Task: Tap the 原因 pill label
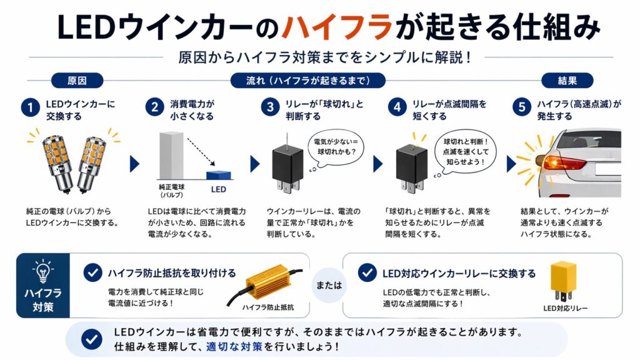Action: pos(77,81)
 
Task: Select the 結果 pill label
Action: pos(567,81)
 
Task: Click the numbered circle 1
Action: pos(30,107)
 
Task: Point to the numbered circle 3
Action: pos(270,107)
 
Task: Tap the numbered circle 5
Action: pos(522,107)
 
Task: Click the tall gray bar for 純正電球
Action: pos(171,155)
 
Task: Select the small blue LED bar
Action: pos(219,175)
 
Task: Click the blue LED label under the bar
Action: pos(218,189)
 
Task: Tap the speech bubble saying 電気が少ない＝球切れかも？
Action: pos(336,147)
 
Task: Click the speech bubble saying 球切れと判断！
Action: pos(465,152)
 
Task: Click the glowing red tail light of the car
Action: pos(563,163)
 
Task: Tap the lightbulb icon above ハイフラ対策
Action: pos(43,271)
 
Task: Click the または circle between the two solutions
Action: pos(329,285)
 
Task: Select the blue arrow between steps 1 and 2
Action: pos(134,164)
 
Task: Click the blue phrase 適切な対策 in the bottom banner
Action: pos(234,346)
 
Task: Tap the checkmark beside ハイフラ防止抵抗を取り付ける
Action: pos(92,272)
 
